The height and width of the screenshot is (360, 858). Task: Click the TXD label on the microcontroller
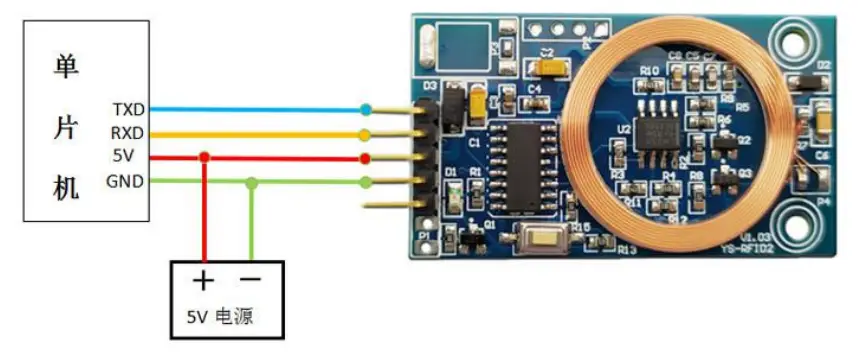click(x=129, y=107)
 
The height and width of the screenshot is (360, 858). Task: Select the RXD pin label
click(x=129, y=132)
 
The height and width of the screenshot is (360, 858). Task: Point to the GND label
click(x=125, y=181)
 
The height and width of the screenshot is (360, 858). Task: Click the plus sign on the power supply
click(x=204, y=280)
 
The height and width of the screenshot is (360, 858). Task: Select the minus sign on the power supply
click(x=251, y=280)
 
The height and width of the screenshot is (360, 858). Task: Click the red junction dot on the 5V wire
click(x=204, y=157)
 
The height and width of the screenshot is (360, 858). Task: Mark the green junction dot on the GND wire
click(x=252, y=182)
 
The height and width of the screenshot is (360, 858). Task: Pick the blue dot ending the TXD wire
click(x=367, y=108)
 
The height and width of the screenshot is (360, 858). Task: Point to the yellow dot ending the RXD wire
click(x=367, y=133)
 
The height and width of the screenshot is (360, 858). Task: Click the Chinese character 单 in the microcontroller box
click(x=65, y=68)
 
